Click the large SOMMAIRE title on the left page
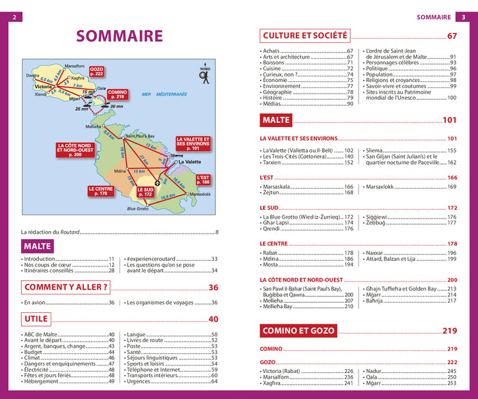click(119, 37)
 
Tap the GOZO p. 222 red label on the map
click(96, 71)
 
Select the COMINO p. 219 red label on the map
click(117, 95)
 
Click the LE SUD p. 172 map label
click(145, 193)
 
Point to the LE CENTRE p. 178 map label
click(100, 191)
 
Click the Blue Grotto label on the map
click(137, 208)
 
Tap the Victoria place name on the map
click(43, 87)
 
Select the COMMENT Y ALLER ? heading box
click(66, 288)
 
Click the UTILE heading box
click(36, 319)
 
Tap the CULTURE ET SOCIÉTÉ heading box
click(305, 36)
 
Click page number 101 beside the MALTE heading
click(449, 121)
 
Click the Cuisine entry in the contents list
click(273, 68)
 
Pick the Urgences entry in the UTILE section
click(139, 381)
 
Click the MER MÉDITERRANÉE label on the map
click(164, 94)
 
